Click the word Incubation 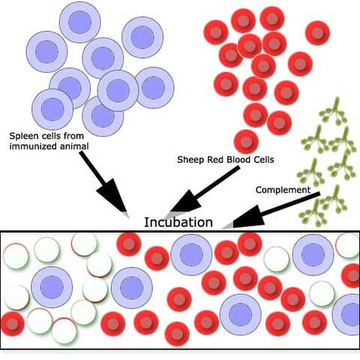click(178, 222)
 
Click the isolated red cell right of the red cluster click(318, 32)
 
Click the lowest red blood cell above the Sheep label click(246, 140)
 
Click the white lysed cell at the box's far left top click(16, 255)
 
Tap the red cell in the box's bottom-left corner click(12, 323)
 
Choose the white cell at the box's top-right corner click(348, 245)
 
